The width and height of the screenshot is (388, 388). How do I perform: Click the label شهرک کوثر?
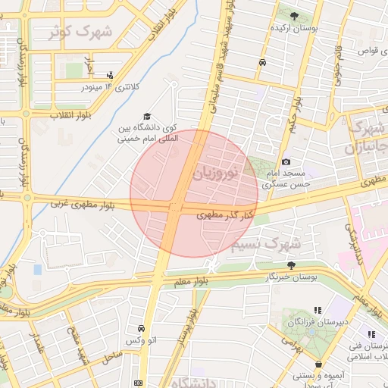(x=80, y=33)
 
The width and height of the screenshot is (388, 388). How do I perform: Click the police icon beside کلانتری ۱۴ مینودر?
(x=111, y=75)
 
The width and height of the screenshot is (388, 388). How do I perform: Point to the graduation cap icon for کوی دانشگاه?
(x=146, y=115)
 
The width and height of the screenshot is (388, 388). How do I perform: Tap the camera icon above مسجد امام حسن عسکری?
(x=285, y=161)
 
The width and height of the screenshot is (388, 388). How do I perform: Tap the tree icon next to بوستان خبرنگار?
(x=292, y=265)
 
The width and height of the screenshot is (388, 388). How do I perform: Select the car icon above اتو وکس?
(x=142, y=329)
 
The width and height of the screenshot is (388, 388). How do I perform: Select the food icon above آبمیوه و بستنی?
(x=320, y=365)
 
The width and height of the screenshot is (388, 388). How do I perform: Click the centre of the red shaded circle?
(x=194, y=194)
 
